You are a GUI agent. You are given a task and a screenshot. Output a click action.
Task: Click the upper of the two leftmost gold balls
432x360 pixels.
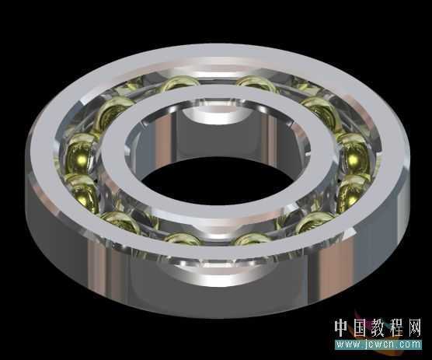pos(82,151)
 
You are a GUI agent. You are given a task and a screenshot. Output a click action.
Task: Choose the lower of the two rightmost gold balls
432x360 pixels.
pos(354,187)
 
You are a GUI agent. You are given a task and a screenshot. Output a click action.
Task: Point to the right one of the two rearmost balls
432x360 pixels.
pos(256,83)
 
